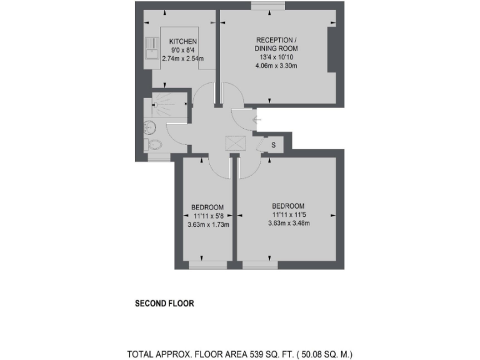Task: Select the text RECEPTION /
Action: (x=276, y=39)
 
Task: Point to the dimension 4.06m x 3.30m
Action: (x=276, y=66)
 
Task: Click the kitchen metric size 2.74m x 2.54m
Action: (x=183, y=59)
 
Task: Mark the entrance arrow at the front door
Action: (x=256, y=119)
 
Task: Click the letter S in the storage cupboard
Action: (x=273, y=145)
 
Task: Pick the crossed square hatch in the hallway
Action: (x=235, y=144)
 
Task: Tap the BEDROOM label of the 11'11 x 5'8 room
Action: (x=207, y=207)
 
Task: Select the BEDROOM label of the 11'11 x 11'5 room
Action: (x=288, y=206)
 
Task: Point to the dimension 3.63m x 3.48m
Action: (x=288, y=223)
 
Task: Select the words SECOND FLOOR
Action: (x=165, y=304)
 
